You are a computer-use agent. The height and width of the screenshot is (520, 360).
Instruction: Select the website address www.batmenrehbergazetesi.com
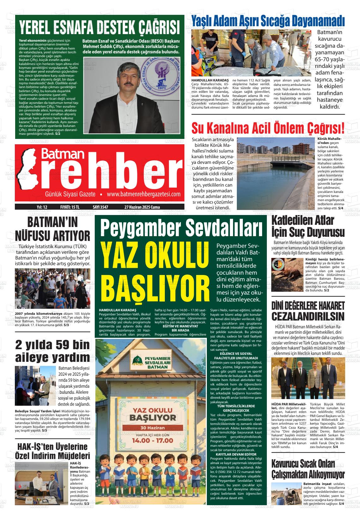[x=143, y=194]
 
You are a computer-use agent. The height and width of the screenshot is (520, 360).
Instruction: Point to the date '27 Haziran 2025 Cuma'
[x=142, y=207]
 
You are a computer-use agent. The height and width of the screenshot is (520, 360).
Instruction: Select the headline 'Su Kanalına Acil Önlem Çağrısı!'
[x=268, y=129]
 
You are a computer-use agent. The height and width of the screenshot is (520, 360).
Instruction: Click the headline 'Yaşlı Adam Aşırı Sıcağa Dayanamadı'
[x=268, y=21]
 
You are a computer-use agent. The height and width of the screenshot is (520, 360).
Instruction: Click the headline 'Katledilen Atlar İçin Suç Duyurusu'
[x=308, y=226]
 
